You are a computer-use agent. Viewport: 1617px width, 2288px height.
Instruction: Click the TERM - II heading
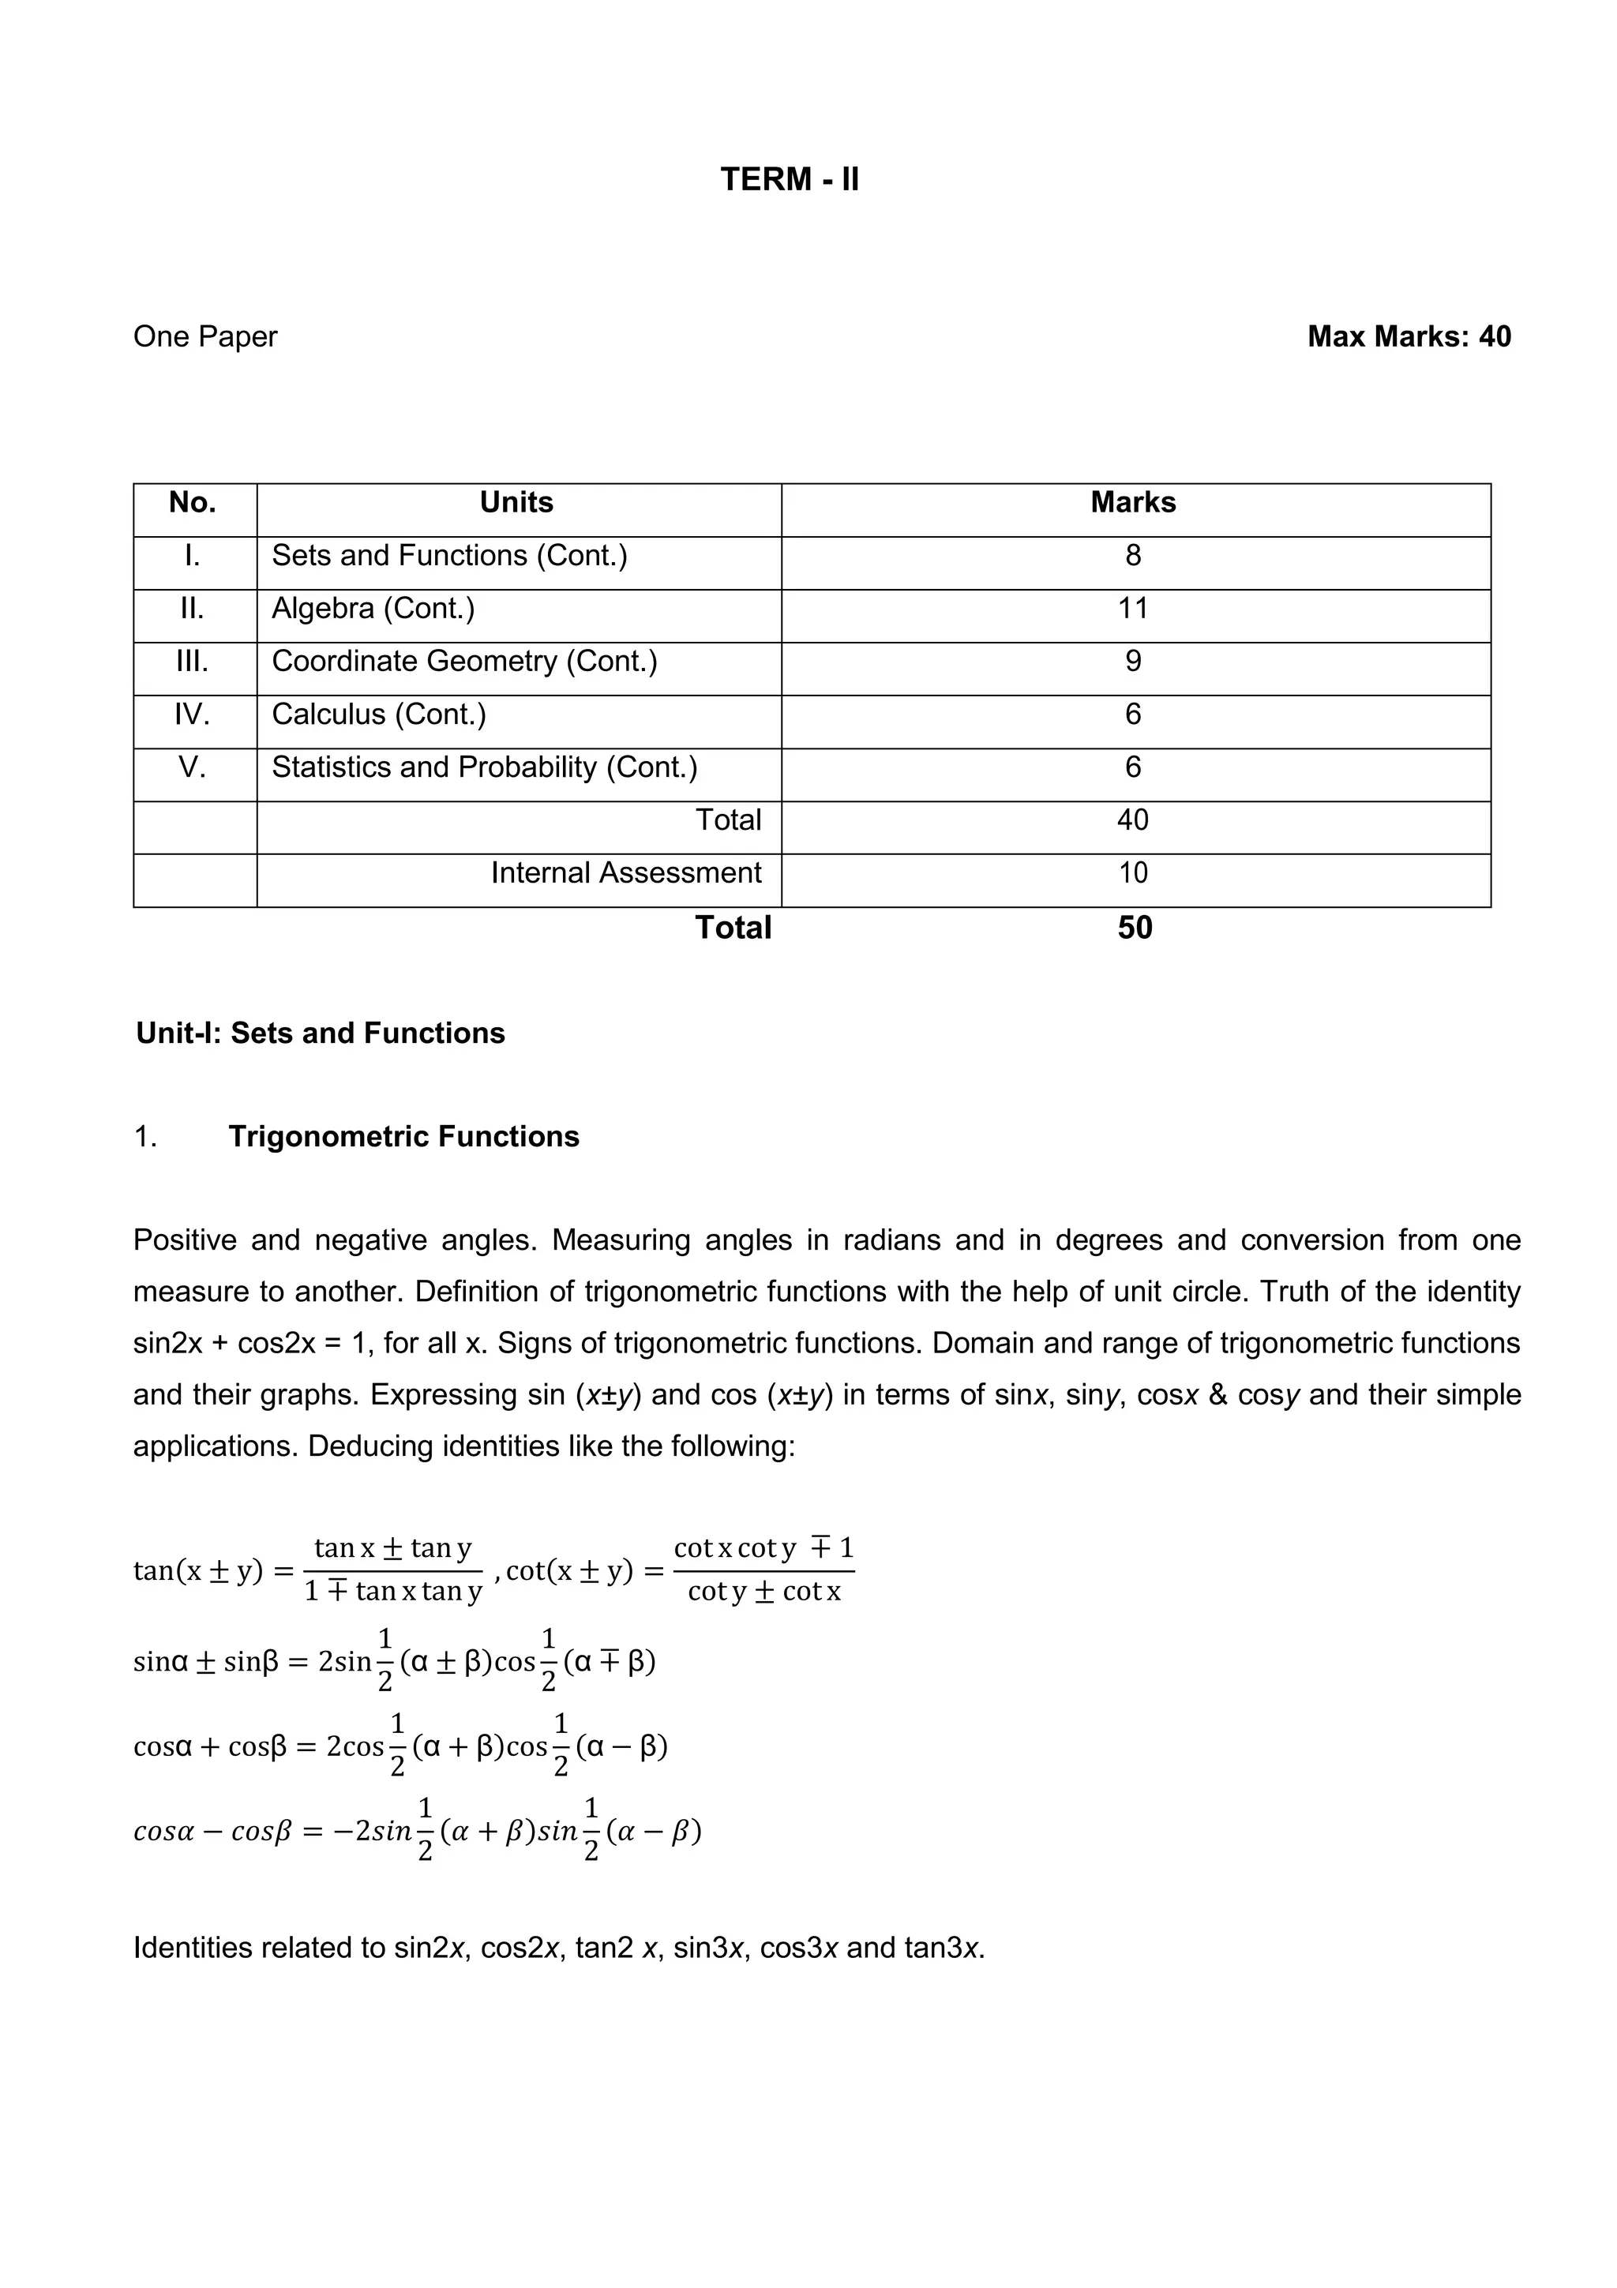click(789, 179)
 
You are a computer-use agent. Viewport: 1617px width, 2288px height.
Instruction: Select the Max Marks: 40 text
click(1408, 337)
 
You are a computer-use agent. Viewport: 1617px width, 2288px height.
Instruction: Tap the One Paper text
click(205, 337)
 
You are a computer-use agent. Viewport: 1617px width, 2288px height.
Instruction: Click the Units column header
click(516, 502)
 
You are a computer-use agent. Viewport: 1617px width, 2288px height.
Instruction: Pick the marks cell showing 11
click(1133, 609)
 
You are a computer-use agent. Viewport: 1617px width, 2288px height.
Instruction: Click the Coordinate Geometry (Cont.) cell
click(464, 662)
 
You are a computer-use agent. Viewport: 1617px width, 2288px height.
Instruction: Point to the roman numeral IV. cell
click(193, 715)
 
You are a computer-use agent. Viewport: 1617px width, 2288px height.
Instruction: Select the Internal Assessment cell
click(625, 873)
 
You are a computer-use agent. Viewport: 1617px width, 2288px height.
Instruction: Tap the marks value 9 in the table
click(1133, 662)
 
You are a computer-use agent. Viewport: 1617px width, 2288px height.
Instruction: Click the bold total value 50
click(1135, 928)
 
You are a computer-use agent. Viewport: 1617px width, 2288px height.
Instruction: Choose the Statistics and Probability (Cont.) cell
click(484, 767)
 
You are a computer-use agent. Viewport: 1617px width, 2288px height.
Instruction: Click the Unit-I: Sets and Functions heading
click(320, 1033)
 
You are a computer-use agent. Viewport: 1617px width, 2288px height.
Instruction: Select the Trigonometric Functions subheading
click(403, 1137)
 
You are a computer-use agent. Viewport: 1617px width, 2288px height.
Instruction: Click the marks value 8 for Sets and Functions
click(1133, 556)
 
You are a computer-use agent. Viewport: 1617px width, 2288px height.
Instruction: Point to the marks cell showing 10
click(1133, 873)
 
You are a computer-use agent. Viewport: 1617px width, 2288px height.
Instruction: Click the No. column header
click(193, 502)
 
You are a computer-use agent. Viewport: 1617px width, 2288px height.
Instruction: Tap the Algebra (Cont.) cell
click(373, 609)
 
